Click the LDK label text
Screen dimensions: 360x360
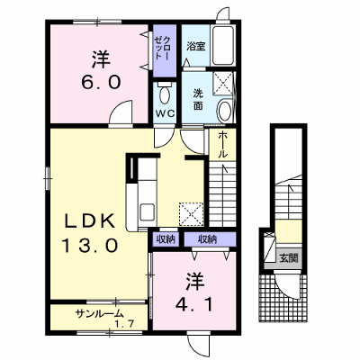pos(90,221)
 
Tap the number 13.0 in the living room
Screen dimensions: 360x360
pos(89,245)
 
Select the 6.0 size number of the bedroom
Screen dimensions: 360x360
pos(101,82)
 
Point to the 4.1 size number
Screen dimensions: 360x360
pos(194,305)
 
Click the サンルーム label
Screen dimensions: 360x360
pos(100,314)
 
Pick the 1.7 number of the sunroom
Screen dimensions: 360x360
pos(124,324)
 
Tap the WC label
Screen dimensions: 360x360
pos(165,113)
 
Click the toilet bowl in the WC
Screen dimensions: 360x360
pos(165,94)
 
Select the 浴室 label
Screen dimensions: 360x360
pos(196,47)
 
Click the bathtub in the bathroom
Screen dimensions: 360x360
pos(222,46)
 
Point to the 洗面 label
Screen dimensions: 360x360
pos(198,99)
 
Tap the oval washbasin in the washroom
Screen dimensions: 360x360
pos(224,111)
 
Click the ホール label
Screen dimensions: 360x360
pos(222,145)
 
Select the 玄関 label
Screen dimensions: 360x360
pos(289,257)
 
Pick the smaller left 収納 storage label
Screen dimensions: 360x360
pos(165,239)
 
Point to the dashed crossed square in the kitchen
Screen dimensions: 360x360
pos(191,213)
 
